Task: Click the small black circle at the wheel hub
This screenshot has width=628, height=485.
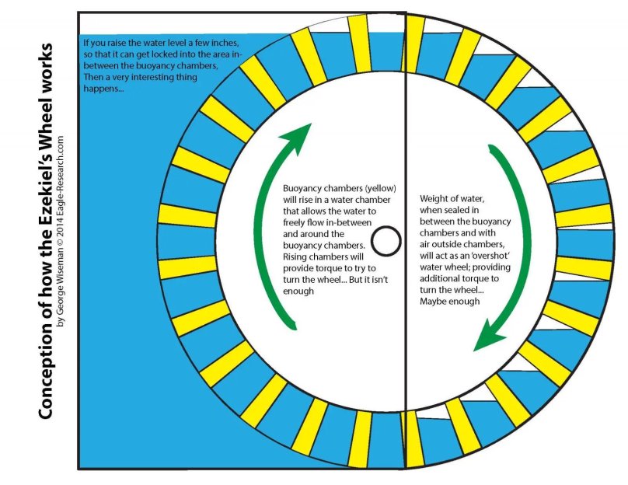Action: (x=386, y=241)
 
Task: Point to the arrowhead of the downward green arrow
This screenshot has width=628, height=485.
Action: (x=488, y=336)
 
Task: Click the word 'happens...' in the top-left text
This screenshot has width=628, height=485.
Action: (x=103, y=89)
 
